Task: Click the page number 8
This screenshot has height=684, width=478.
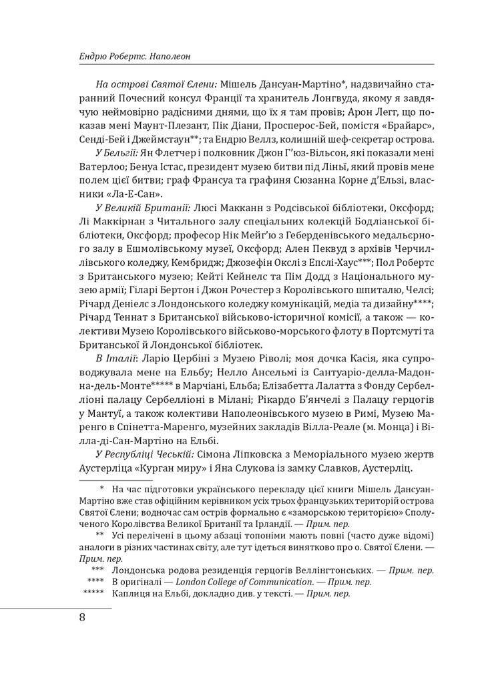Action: (x=81, y=617)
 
